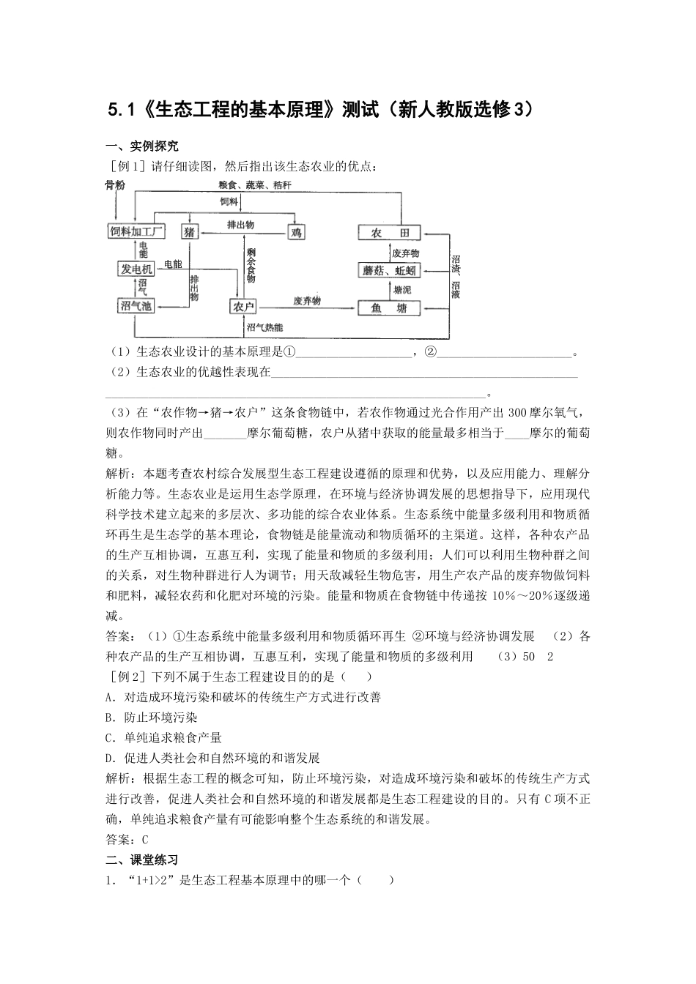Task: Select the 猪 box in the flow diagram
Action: (x=189, y=232)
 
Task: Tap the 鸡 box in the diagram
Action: (x=295, y=232)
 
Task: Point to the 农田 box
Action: (x=390, y=232)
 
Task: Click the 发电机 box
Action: (x=136, y=269)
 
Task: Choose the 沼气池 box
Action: (x=136, y=305)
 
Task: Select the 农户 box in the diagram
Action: (x=243, y=306)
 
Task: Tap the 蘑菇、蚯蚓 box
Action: (x=390, y=269)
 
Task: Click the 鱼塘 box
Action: (x=390, y=307)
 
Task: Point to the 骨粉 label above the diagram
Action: (x=114, y=184)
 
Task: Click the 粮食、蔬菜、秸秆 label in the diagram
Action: (x=254, y=185)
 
